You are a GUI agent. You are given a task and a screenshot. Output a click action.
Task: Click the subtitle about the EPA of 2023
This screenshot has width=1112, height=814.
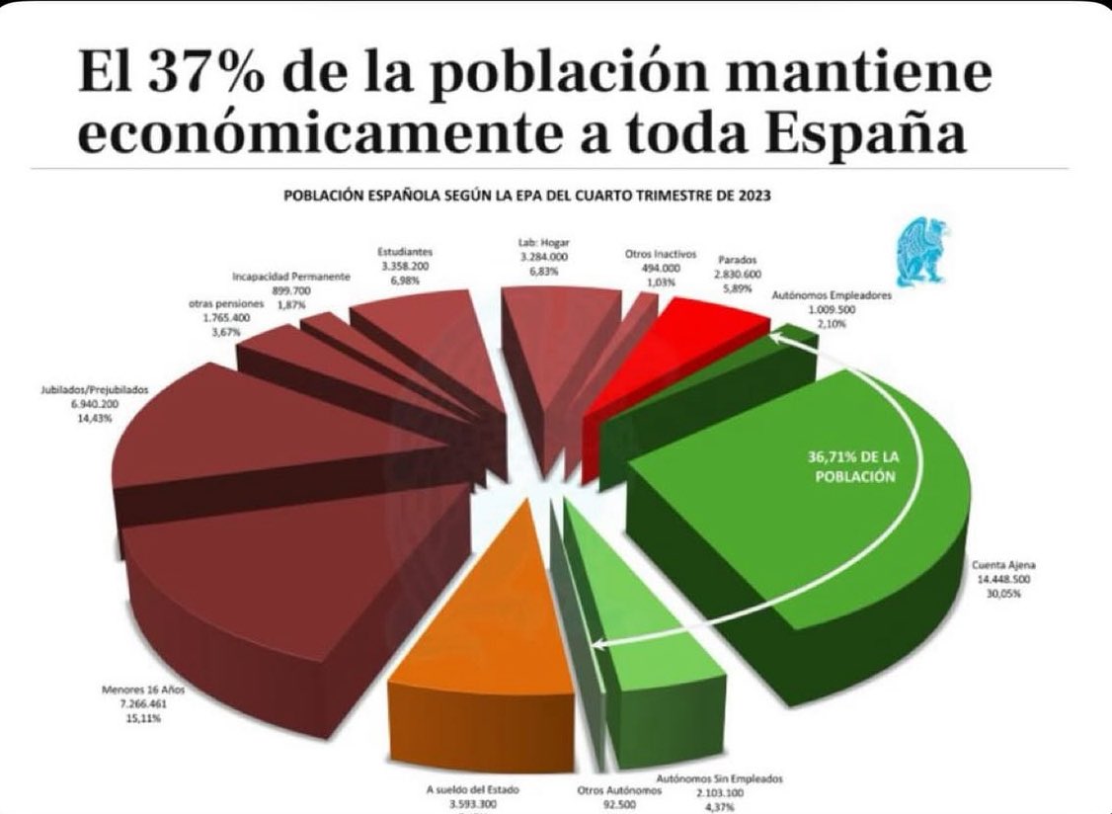[x=526, y=195]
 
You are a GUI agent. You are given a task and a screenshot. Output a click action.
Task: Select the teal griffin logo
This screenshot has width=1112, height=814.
[x=923, y=254]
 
